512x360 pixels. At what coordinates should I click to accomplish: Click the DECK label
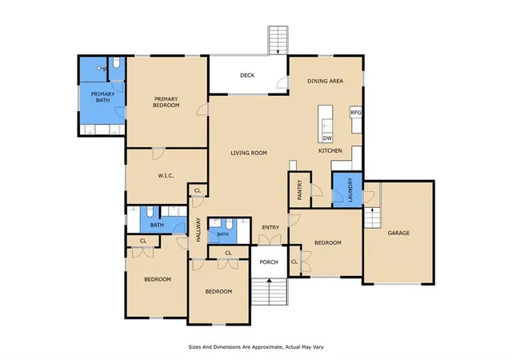pos(247,75)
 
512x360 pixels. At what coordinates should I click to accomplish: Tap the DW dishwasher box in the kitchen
pos(327,138)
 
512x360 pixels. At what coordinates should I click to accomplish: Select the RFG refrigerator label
pos(355,113)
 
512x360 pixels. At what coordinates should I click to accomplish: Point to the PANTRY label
pos(300,190)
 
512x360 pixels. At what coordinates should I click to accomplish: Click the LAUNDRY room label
pos(350,190)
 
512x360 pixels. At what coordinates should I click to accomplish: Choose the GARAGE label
pos(398,233)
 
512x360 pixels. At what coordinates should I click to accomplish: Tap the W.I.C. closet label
pos(166,176)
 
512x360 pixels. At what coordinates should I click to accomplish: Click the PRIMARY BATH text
pos(103,97)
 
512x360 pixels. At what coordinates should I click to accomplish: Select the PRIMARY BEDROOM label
pos(166,102)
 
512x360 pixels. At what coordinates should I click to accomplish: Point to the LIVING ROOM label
pos(249,153)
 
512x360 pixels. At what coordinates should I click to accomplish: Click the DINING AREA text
pos(326,81)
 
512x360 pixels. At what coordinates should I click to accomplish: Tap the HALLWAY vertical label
pos(198,230)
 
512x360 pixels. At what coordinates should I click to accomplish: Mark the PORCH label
pos(269,262)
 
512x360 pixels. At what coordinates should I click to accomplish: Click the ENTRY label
pos(270,227)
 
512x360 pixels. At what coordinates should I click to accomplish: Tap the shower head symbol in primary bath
pos(101,68)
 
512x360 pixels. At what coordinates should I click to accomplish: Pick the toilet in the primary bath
pos(117,62)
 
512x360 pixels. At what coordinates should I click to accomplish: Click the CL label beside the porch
pos(294,262)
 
